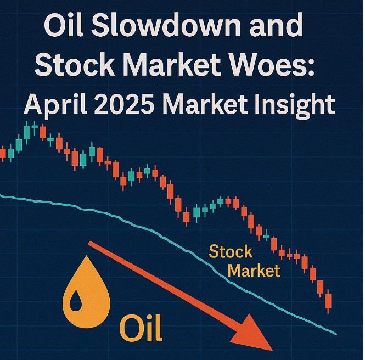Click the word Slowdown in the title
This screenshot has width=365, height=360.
point(166,25)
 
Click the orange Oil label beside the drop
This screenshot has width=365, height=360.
point(141,328)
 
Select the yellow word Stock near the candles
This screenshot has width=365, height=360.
point(231,251)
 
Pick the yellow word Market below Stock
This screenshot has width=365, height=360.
point(254,270)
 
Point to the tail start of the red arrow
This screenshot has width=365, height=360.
point(89,244)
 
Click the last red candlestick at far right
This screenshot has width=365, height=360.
point(328,302)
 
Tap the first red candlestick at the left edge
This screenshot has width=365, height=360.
point(3,154)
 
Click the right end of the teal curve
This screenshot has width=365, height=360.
point(336,334)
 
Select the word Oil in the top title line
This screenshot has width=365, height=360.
point(63,25)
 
